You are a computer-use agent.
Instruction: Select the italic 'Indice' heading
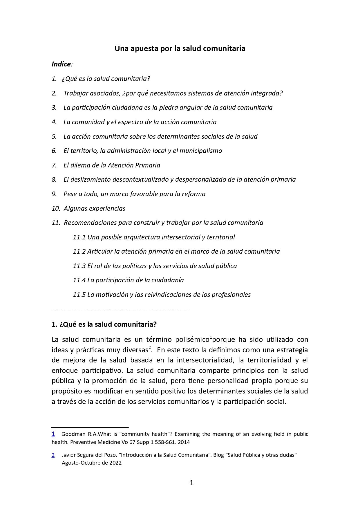tap(61, 64)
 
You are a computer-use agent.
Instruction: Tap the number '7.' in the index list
tap(54, 165)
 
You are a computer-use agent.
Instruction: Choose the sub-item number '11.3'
tap(79, 266)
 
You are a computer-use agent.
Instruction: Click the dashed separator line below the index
tap(121, 309)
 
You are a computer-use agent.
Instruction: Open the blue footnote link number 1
tap(53, 434)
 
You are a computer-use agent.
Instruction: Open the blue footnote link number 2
tap(53, 455)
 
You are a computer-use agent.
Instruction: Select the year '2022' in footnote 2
tap(115, 463)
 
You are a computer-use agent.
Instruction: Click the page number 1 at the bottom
tap(191, 483)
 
